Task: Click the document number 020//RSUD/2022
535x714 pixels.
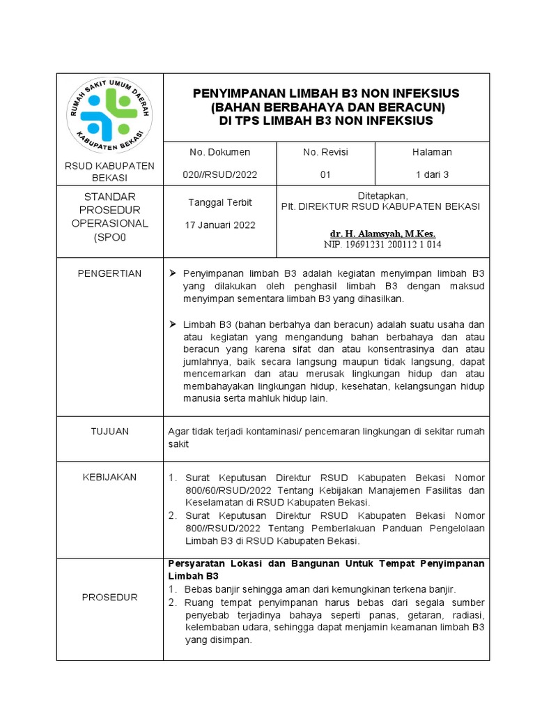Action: tap(219, 175)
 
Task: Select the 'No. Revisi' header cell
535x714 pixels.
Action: tap(325, 152)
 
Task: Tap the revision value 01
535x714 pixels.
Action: tap(325, 175)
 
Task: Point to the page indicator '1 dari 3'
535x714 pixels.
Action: tap(432, 175)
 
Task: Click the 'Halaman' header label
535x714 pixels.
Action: tap(432, 152)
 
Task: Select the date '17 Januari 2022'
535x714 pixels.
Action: tap(220, 225)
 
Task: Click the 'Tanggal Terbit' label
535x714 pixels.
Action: tap(220, 203)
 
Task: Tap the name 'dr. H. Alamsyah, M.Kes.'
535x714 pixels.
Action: tap(382, 234)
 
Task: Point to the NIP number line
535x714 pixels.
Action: tap(382, 245)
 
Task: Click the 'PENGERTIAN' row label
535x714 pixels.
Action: tap(109, 274)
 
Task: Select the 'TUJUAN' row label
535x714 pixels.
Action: tap(109, 432)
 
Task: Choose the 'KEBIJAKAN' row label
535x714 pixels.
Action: tap(109, 478)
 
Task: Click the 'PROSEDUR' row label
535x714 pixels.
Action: tap(109, 598)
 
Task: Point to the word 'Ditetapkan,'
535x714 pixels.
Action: tap(382, 196)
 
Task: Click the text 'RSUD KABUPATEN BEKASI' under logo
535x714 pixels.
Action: tap(109, 172)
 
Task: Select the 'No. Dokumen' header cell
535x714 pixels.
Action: tap(219, 152)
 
